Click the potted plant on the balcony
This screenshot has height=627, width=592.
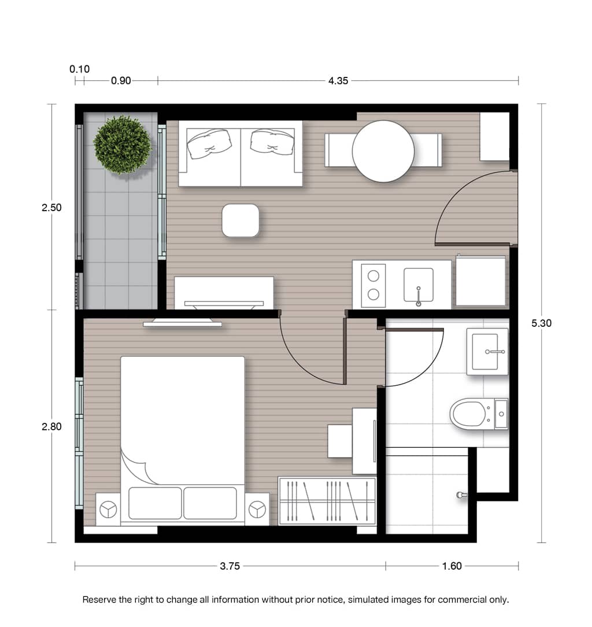click(x=123, y=145)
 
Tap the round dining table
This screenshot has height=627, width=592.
click(x=383, y=151)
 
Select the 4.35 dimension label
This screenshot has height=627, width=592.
click(x=338, y=81)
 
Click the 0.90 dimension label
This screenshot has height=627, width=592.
click(x=121, y=81)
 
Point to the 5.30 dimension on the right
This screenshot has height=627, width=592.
click(x=541, y=323)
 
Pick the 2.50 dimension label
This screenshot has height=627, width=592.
click(x=51, y=208)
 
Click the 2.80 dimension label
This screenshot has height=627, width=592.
click(x=51, y=427)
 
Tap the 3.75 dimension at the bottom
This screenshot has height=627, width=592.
click(x=230, y=566)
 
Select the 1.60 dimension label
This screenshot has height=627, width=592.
click(x=452, y=566)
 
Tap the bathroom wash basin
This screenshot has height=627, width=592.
click(x=487, y=352)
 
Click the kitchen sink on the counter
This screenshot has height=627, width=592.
click(x=419, y=285)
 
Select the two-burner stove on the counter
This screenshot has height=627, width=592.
click(x=373, y=286)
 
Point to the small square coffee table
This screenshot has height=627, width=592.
click(x=240, y=220)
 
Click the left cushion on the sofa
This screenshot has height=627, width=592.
click(x=209, y=143)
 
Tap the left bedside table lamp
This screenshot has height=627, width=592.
click(x=108, y=510)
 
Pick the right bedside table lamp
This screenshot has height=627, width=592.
click(x=257, y=510)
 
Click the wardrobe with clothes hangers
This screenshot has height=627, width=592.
click(x=327, y=501)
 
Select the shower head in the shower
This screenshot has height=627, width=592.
click(x=461, y=495)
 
